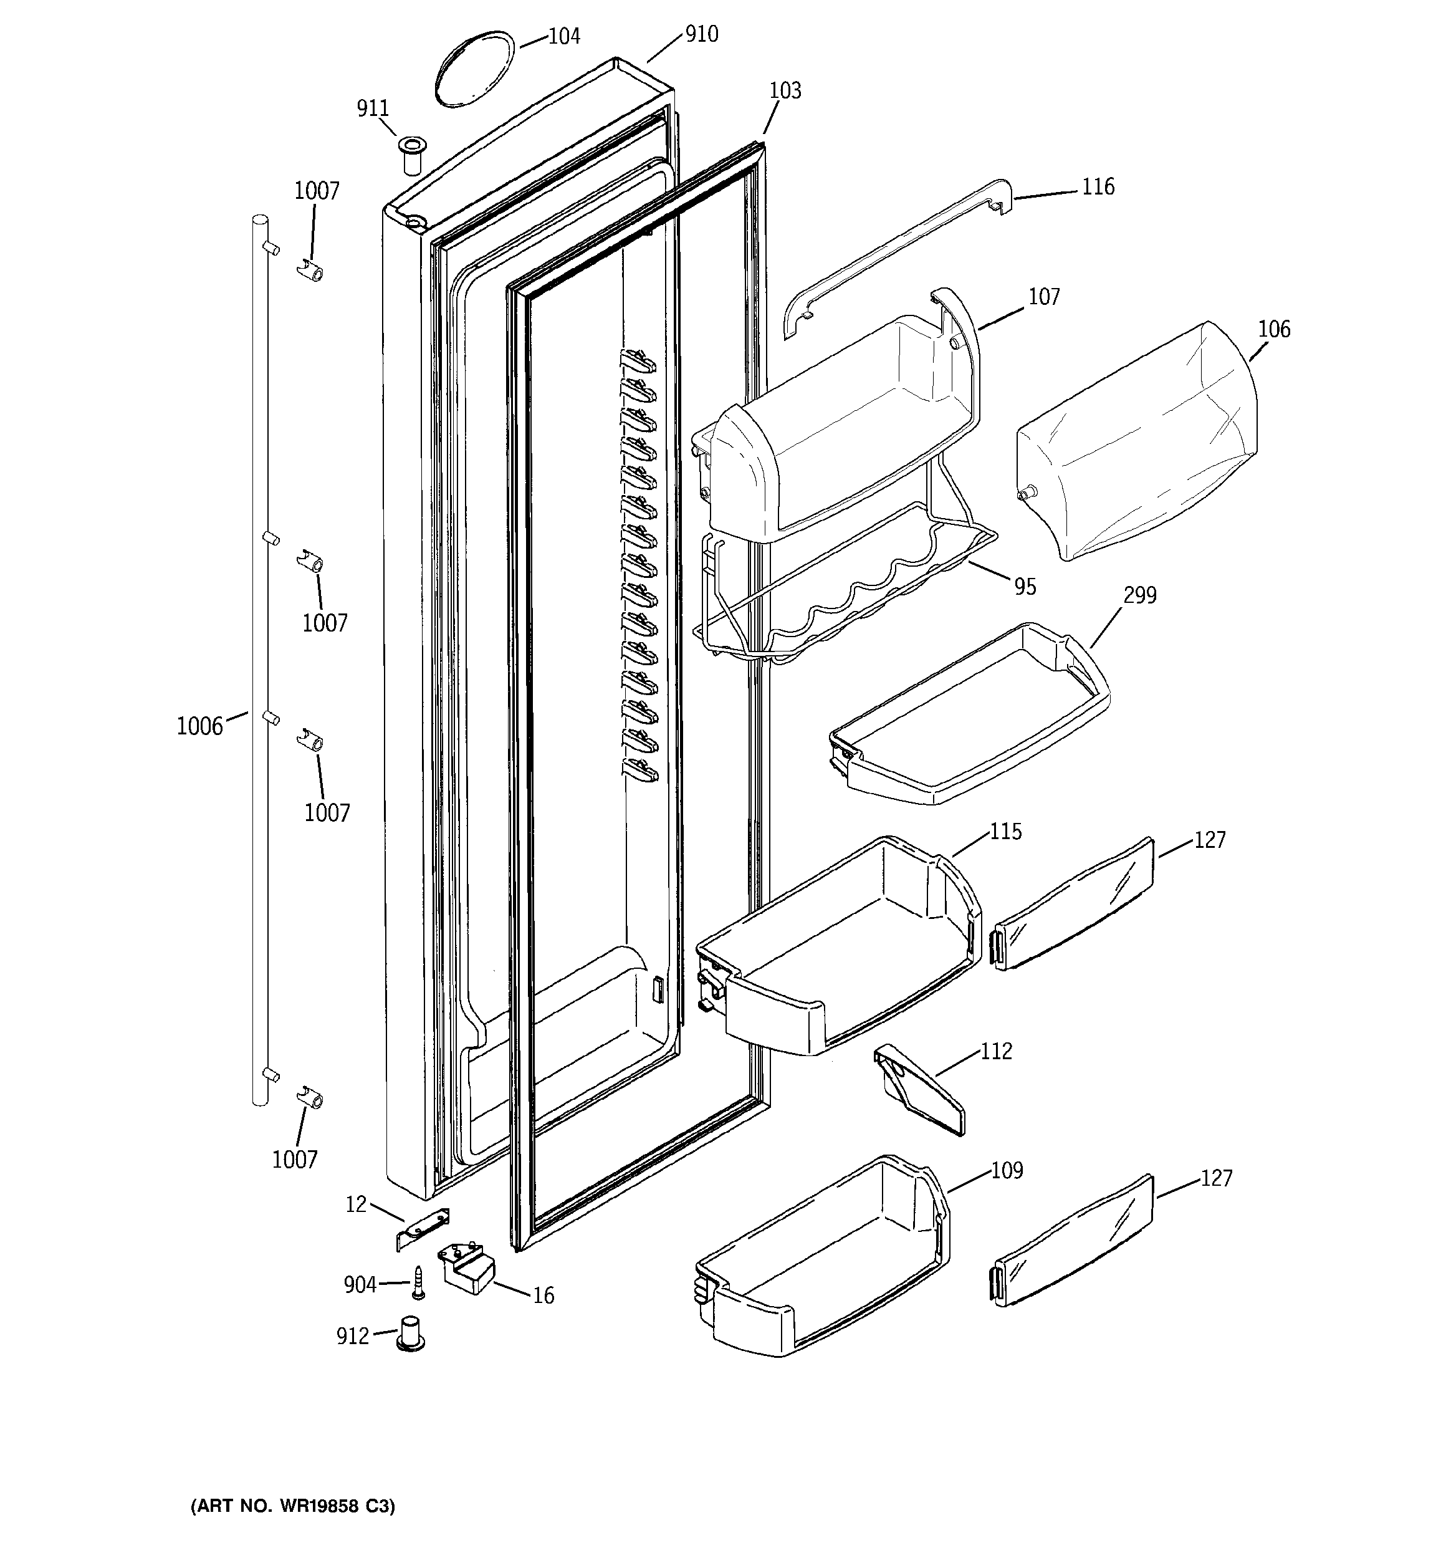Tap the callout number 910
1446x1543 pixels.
click(x=701, y=34)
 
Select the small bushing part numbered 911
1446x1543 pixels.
click(x=411, y=155)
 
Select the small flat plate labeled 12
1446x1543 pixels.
click(x=424, y=1230)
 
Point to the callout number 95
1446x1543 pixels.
click(x=1025, y=587)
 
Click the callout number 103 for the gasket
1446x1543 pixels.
click(x=785, y=91)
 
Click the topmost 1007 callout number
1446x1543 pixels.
click(x=317, y=191)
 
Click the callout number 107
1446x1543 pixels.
click(x=1044, y=297)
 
